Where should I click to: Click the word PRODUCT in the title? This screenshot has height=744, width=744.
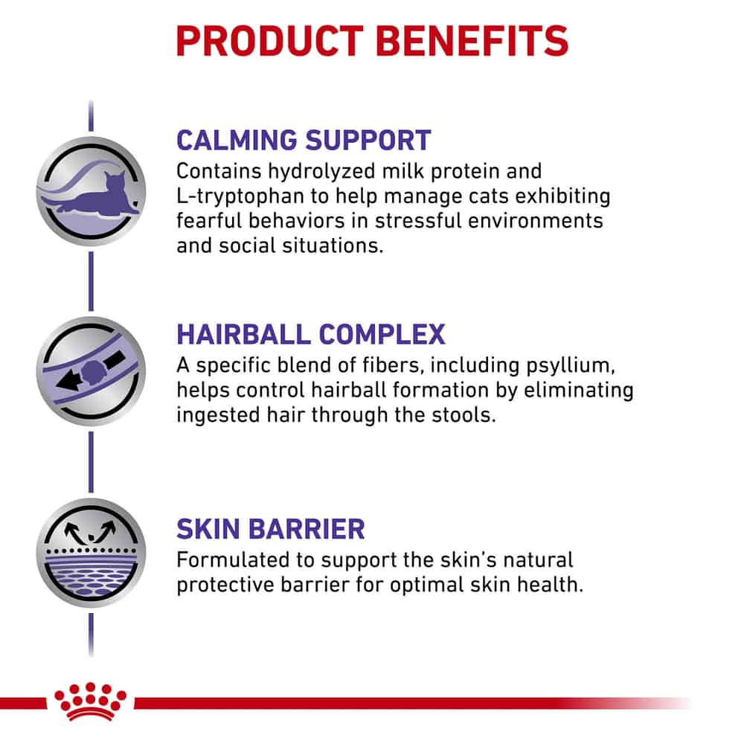tap(269, 41)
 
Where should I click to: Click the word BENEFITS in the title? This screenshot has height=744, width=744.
tap(472, 41)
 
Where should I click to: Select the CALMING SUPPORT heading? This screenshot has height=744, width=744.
tap(304, 141)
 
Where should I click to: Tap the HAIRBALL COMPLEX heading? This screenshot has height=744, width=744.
tap(311, 335)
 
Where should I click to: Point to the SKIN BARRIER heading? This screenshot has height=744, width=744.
tap(271, 529)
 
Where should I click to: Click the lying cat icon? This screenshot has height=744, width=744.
tap(91, 191)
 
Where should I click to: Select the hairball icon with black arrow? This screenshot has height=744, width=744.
tap(91, 371)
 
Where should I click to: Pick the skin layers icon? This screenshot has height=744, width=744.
tap(91, 553)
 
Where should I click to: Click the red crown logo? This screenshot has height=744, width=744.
tap(90, 702)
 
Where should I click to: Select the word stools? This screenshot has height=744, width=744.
tap(464, 414)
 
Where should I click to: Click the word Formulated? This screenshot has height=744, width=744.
tap(232, 560)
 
